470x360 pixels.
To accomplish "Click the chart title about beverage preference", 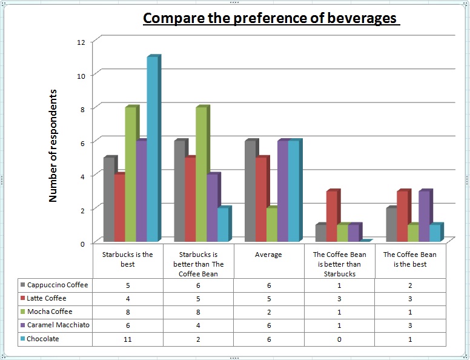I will (270, 18).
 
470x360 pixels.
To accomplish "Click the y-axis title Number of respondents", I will (53, 145).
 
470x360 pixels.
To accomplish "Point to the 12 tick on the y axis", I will (81, 41).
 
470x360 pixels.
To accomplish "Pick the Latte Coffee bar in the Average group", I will (261, 199).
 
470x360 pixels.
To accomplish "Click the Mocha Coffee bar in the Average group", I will (271, 225).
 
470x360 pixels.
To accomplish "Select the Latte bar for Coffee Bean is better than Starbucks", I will (332, 216).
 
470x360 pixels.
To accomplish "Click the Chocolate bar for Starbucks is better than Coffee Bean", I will (222, 225).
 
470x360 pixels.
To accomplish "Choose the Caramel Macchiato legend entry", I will (58, 325).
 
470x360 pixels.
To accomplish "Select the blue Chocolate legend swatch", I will (23, 339).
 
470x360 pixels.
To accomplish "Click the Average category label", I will (268, 255).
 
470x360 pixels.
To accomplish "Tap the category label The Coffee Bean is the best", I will (410, 259).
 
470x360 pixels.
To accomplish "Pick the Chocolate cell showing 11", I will (127, 339).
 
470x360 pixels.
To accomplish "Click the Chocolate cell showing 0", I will (339, 339).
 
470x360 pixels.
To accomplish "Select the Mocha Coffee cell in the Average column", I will (268, 312).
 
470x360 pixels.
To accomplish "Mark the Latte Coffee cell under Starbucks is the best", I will (127, 298).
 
